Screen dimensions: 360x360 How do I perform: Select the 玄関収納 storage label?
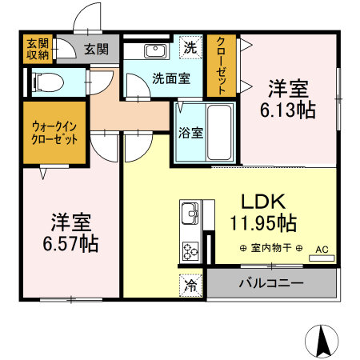38,49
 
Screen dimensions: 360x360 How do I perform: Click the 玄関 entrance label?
95,50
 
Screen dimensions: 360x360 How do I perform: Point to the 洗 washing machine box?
190,47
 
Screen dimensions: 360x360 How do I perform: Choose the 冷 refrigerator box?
190,284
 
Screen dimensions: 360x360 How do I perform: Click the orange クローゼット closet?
222,65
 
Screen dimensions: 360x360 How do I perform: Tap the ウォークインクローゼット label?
54,132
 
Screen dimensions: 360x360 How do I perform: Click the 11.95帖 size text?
264,222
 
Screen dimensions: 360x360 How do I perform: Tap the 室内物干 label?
270,248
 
